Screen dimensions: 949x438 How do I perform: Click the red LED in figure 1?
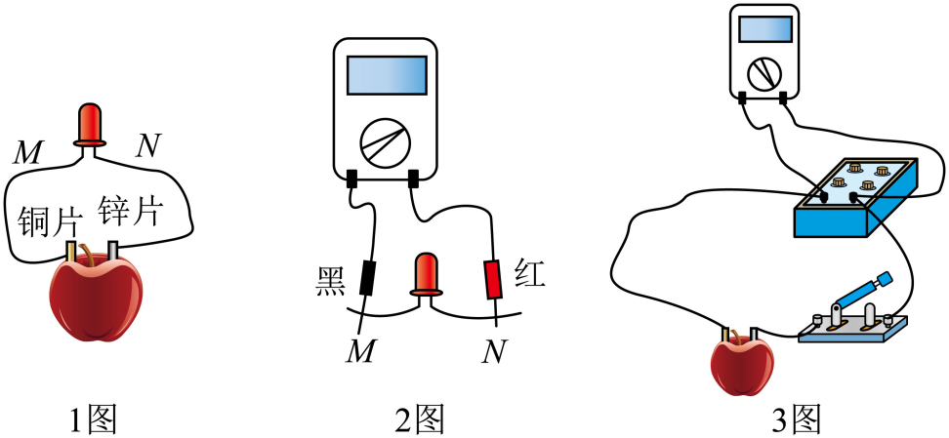pyautogui.click(x=90, y=123)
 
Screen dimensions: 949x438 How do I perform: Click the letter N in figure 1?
pyautogui.click(x=147, y=146)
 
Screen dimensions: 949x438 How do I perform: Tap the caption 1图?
pyautogui.click(x=94, y=419)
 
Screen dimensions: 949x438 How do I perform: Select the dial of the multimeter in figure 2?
pyautogui.click(x=381, y=142)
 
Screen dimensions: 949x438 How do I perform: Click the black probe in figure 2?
pyautogui.click(x=367, y=278)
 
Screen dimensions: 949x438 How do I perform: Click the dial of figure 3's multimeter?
pyautogui.click(x=763, y=73)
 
